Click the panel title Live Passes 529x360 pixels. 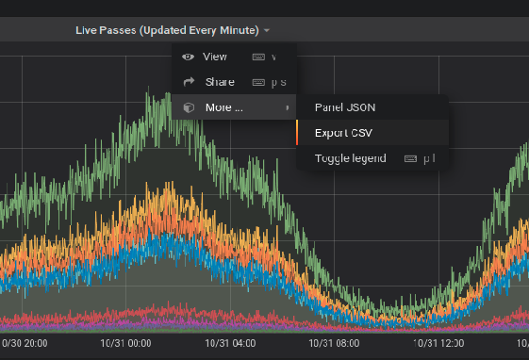pos(167,31)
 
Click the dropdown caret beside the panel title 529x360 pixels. pos(268,31)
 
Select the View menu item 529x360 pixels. pos(215,57)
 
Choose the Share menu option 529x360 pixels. pos(220,82)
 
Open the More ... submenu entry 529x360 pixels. pos(224,107)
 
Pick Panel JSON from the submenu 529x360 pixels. pos(344,107)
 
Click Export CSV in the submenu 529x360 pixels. pos(342,133)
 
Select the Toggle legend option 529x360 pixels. pos(350,158)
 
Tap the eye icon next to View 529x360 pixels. pos(188,57)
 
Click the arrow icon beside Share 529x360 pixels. pos(188,82)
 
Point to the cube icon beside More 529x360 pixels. pos(188,107)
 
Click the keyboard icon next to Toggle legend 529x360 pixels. pos(410,158)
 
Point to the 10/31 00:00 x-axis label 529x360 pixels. pos(126,345)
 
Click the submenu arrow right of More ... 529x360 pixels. pos(287,107)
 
